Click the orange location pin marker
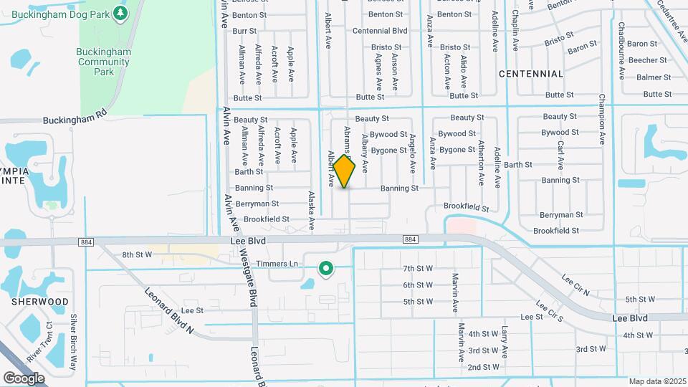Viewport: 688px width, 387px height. (345, 171)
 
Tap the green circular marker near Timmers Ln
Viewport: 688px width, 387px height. (326, 269)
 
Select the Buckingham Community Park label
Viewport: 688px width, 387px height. (104, 62)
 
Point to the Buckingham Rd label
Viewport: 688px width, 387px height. (75, 116)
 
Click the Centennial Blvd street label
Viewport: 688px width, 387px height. (380, 31)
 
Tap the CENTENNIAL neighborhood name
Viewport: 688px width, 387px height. (531, 74)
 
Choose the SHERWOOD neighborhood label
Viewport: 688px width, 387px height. (39, 302)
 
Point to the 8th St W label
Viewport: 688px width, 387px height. (137, 254)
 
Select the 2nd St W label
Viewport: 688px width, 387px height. (483, 367)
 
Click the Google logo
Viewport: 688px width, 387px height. (24, 378)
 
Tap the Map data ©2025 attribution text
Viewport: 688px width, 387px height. (656, 381)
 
